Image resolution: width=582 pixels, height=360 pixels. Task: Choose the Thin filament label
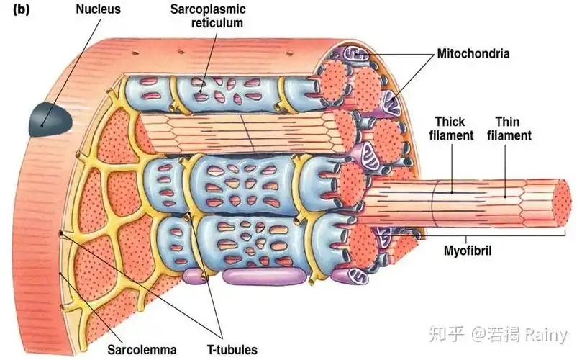click(x=513, y=128)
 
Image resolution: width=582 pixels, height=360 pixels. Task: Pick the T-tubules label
click(x=232, y=350)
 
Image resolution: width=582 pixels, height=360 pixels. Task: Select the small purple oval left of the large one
click(x=193, y=274)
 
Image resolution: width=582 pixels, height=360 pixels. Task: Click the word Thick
click(x=449, y=122)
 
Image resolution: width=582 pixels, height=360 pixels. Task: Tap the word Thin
click(x=508, y=122)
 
